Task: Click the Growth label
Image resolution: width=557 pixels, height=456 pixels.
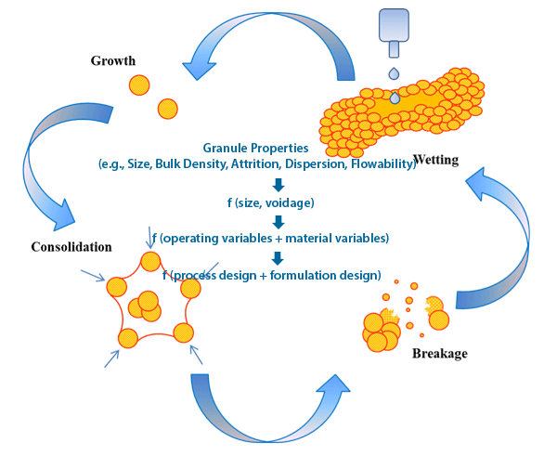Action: pos(113,61)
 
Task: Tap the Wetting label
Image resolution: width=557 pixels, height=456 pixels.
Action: pos(435,159)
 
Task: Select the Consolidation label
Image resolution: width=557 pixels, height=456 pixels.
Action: pos(71,247)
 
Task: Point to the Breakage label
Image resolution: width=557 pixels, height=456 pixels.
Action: pos(440,353)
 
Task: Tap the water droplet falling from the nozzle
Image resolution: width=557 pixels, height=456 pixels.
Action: pos(395,73)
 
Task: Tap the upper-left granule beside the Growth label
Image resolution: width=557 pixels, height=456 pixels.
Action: pos(138,85)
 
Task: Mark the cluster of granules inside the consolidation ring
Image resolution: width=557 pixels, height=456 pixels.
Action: pos(144,304)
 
